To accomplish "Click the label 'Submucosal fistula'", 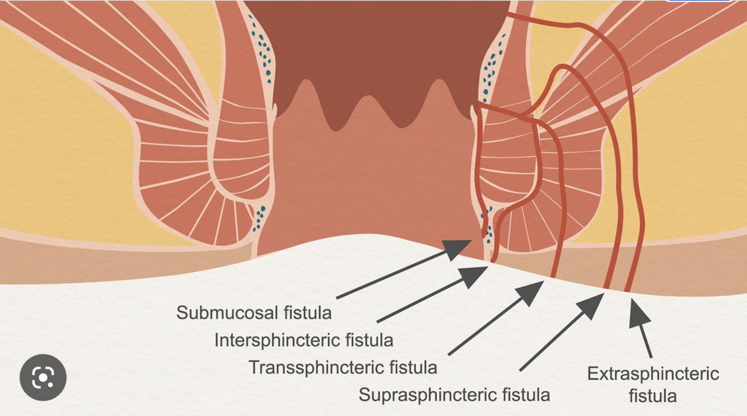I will (x=254, y=312).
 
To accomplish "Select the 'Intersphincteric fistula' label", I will (x=304, y=340).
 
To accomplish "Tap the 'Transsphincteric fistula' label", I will (x=342, y=367).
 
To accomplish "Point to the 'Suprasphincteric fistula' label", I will (x=454, y=395).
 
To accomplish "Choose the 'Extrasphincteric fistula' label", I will (x=653, y=385).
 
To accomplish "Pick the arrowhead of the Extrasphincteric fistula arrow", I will (x=639, y=313).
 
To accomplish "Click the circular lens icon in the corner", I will (x=43, y=377).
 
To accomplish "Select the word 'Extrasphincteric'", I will (x=653, y=373).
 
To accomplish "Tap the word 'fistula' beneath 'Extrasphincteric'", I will (x=653, y=396).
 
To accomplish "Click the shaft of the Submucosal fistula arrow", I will (x=392, y=274).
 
